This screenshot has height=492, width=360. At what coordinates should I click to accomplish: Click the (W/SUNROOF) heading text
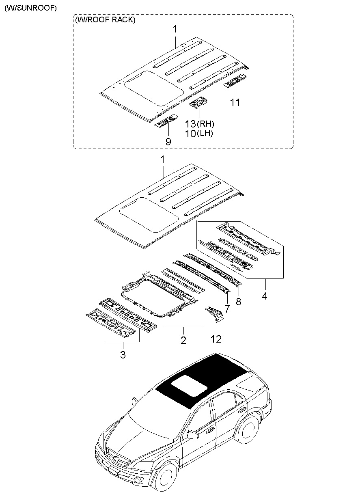pos(30,8)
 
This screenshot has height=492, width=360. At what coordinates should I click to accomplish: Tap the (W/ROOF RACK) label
pos(105,20)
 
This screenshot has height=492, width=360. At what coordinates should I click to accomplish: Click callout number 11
pos(235,102)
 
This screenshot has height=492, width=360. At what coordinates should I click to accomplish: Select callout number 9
pos(168,142)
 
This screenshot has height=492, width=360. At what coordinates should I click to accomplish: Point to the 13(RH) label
pos(200,124)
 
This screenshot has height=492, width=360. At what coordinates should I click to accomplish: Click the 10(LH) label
pos(199,133)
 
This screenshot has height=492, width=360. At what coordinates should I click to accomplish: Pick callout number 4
pos(265,296)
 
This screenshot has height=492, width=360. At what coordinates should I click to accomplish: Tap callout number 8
pos(239,302)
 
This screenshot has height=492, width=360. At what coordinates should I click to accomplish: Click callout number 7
pos(227,309)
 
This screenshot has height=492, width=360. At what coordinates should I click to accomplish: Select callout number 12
pos(216,339)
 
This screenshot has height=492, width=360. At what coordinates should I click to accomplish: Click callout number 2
pos(183,340)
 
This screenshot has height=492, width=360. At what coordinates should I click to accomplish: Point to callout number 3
pos(123,354)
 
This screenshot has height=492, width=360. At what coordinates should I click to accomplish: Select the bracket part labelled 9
pos(166,121)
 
